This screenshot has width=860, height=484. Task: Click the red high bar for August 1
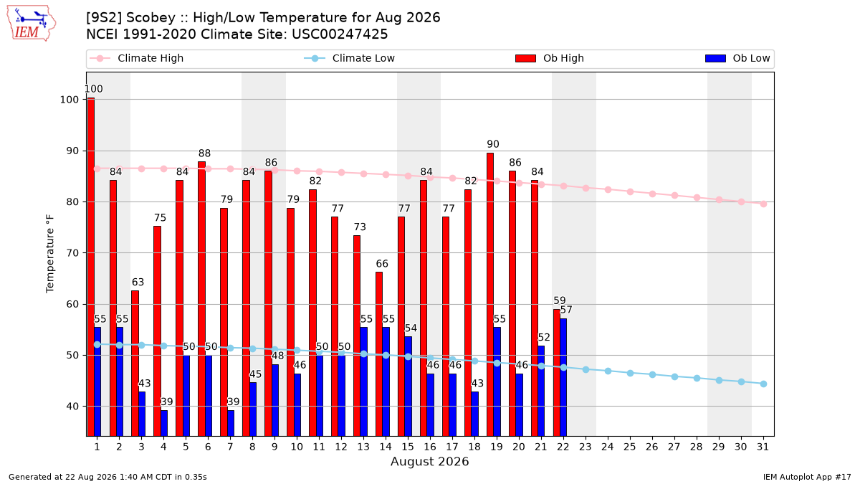coord(90,267)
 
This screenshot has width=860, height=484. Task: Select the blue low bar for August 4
coord(164,423)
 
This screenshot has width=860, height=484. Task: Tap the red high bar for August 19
coord(490,295)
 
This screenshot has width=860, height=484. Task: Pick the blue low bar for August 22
coord(563,377)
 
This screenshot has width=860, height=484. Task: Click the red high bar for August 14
coord(379,354)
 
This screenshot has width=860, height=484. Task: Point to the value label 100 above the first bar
coord(94,89)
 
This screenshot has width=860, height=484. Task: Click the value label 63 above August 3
coord(138,283)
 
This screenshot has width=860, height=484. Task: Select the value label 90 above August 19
coord(493,144)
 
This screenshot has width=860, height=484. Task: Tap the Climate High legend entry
coord(137,58)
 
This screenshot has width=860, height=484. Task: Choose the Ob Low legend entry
coord(737,58)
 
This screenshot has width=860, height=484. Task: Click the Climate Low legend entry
coord(350,58)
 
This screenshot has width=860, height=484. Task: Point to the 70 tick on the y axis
coord(72,253)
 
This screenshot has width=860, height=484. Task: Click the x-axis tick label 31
coord(763,447)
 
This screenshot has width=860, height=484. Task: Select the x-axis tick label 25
coord(630,447)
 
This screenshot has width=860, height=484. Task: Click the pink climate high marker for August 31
coord(763,204)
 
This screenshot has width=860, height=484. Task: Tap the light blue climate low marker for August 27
coord(674,377)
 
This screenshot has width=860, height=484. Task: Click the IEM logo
coord(31,23)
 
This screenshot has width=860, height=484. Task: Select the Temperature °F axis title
coord(50,254)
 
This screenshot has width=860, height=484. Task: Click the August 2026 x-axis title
coord(429,461)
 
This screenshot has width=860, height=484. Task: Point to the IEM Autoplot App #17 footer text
coord(807,477)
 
